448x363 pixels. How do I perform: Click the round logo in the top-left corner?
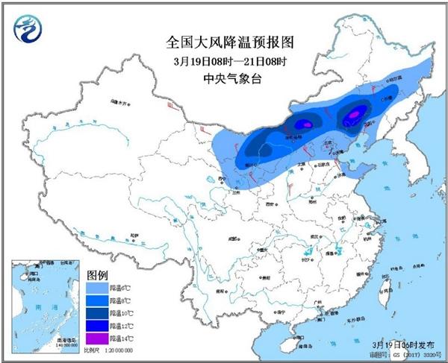[x=28, y=28]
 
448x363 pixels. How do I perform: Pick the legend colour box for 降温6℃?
[x=97, y=286]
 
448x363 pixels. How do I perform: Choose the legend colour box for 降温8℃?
[x=97, y=300]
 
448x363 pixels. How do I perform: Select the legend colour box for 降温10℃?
[x=97, y=312]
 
